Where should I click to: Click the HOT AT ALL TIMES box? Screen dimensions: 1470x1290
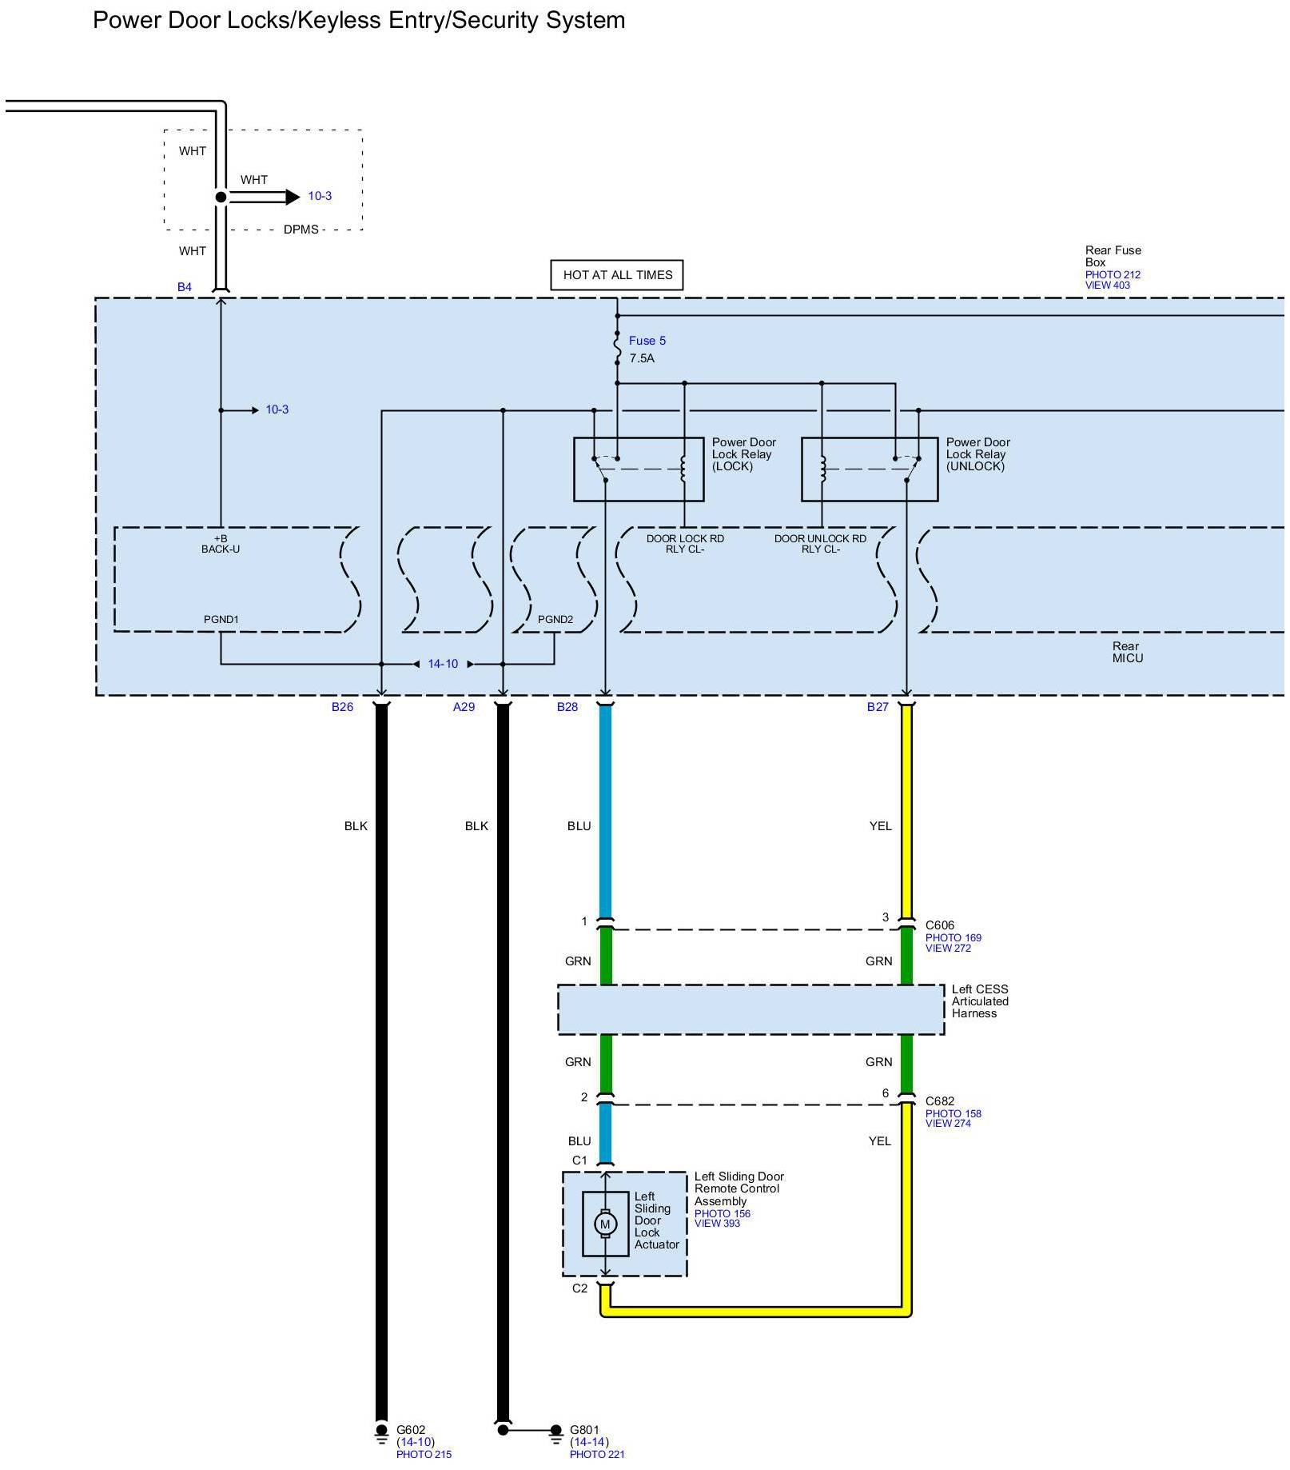pyautogui.click(x=617, y=275)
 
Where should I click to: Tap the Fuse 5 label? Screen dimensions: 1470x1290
pyautogui.click(x=647, y=341)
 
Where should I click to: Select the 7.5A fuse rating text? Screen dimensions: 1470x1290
pyautogui.click(x=642, y=358)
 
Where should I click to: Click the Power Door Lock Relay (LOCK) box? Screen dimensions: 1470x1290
pyautogui.click(x=638, y=469)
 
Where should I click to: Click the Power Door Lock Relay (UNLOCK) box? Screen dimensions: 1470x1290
pyautogui.click(x=869, y=469)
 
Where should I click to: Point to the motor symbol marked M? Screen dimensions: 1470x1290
pyautogui.click(x=605, y=1224)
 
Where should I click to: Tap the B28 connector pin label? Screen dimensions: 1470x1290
pyautogui.click(x=567, y=707)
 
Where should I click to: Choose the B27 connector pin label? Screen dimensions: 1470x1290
pyautogui.click(x=878, y=707)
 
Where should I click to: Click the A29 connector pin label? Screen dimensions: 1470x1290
pyautogui.click(x=464, y=707)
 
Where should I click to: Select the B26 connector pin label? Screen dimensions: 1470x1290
pyautogui.click(x=342, y=707)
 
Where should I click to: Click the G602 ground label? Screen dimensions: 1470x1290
pyautogui.click(x=411, y=1430)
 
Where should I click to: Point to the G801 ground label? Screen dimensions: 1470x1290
pyautogui.click(x=584, y=1430)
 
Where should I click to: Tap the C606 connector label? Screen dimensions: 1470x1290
pyautogui.click(x=940, y=925)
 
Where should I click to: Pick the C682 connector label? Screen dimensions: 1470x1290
pyautogui.click(x=940, y=1101)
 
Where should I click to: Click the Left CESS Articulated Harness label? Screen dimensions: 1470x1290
pyautogui.click(x=980, y=1001)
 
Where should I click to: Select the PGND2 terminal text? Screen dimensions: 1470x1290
pyautogui.click(x=555, y=620)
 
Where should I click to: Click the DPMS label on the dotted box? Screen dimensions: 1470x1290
pyautogui.click(x=301, y=230)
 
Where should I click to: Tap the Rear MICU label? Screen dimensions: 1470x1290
pyautogui.click(x=1127, y=653)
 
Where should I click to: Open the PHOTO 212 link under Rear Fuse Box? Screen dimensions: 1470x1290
pyautogui.click(x=1113, y=275)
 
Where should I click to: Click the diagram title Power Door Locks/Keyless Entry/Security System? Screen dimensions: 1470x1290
pyautogui.click(x=359, y=20)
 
